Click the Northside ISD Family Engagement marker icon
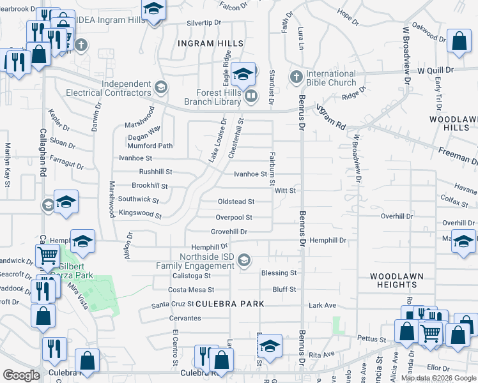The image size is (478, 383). (243, 260)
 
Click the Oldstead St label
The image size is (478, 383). (236, 202)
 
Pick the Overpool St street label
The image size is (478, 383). (234, 217)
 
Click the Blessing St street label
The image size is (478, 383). (279, 273)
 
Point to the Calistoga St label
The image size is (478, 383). (192, 276)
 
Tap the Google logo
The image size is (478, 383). (21, 375)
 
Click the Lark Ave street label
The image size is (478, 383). (322, 305)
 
